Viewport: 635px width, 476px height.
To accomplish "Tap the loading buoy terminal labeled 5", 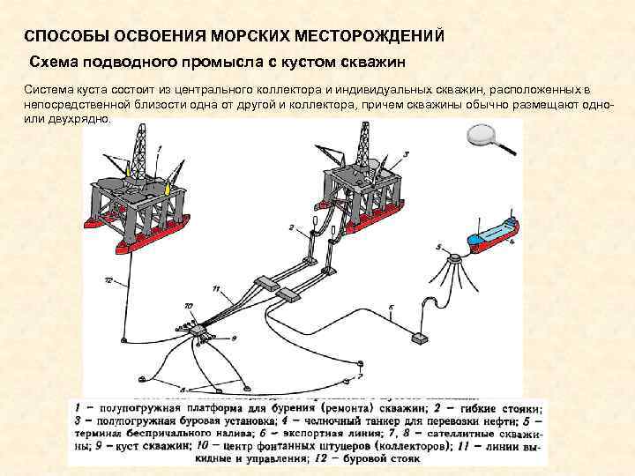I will coord(455,258).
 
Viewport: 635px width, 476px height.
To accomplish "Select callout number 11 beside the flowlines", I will coord(216,288).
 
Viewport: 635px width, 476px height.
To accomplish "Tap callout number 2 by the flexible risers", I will coord(289,227).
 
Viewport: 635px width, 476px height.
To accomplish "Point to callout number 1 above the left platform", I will coord(160,147).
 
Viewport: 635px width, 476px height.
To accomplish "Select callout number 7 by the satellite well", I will coord(358,376).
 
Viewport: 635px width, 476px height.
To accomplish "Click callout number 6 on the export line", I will coord(390,308).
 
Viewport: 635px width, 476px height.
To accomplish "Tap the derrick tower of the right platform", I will coord(362,141).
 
